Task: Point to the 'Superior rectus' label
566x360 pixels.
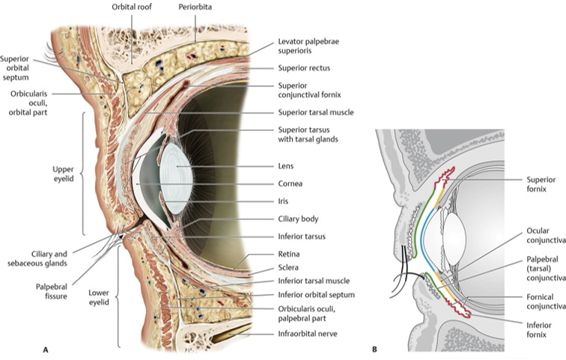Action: click(304, 68)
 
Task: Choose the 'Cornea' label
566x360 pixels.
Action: click(290, 183)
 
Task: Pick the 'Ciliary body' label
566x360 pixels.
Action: click(298, 219)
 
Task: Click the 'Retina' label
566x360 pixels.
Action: click(288, 254)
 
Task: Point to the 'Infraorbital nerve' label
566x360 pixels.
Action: click(308, 335)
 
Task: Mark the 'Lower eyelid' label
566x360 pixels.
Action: click(99, 297)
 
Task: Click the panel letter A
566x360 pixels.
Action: click(46, 349)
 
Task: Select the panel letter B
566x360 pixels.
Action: click(375, 349)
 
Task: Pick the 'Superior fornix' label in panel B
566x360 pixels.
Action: click(545, 184)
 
